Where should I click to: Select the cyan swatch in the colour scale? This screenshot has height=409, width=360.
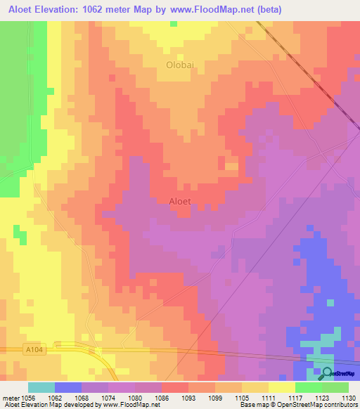[x=41, y=387]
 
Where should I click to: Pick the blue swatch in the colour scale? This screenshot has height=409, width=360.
[x=68, y=387]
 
